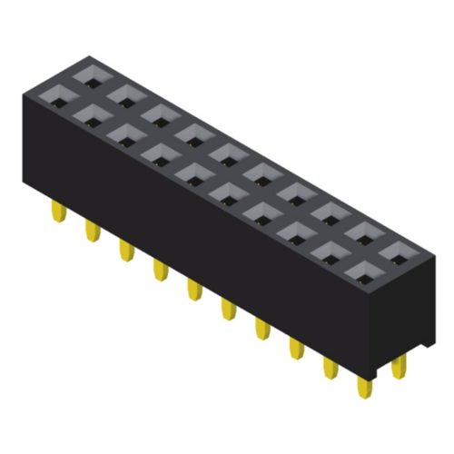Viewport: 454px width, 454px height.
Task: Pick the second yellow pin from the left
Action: pos(92,232)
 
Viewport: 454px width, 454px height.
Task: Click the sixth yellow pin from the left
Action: pos(226,310)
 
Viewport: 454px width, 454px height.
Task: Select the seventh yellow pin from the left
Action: pos(261,328)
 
